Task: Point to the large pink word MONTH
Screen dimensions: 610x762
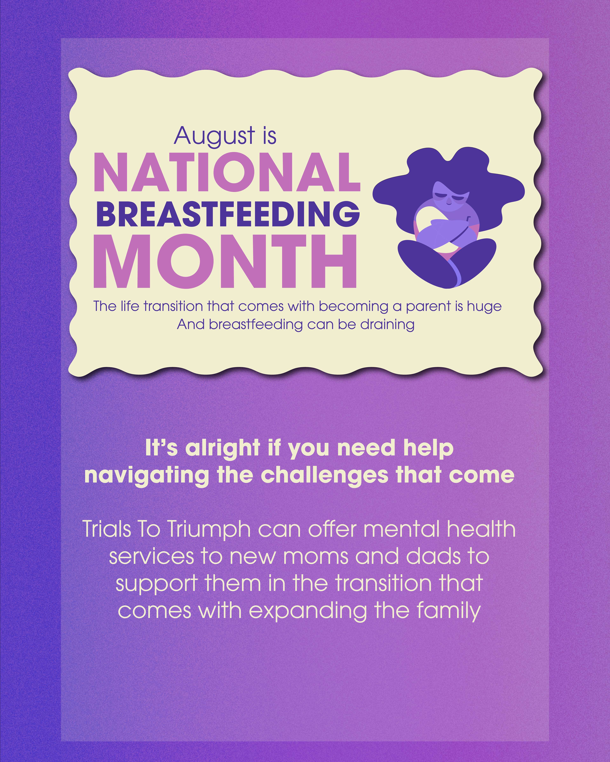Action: [x=225, y=261]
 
